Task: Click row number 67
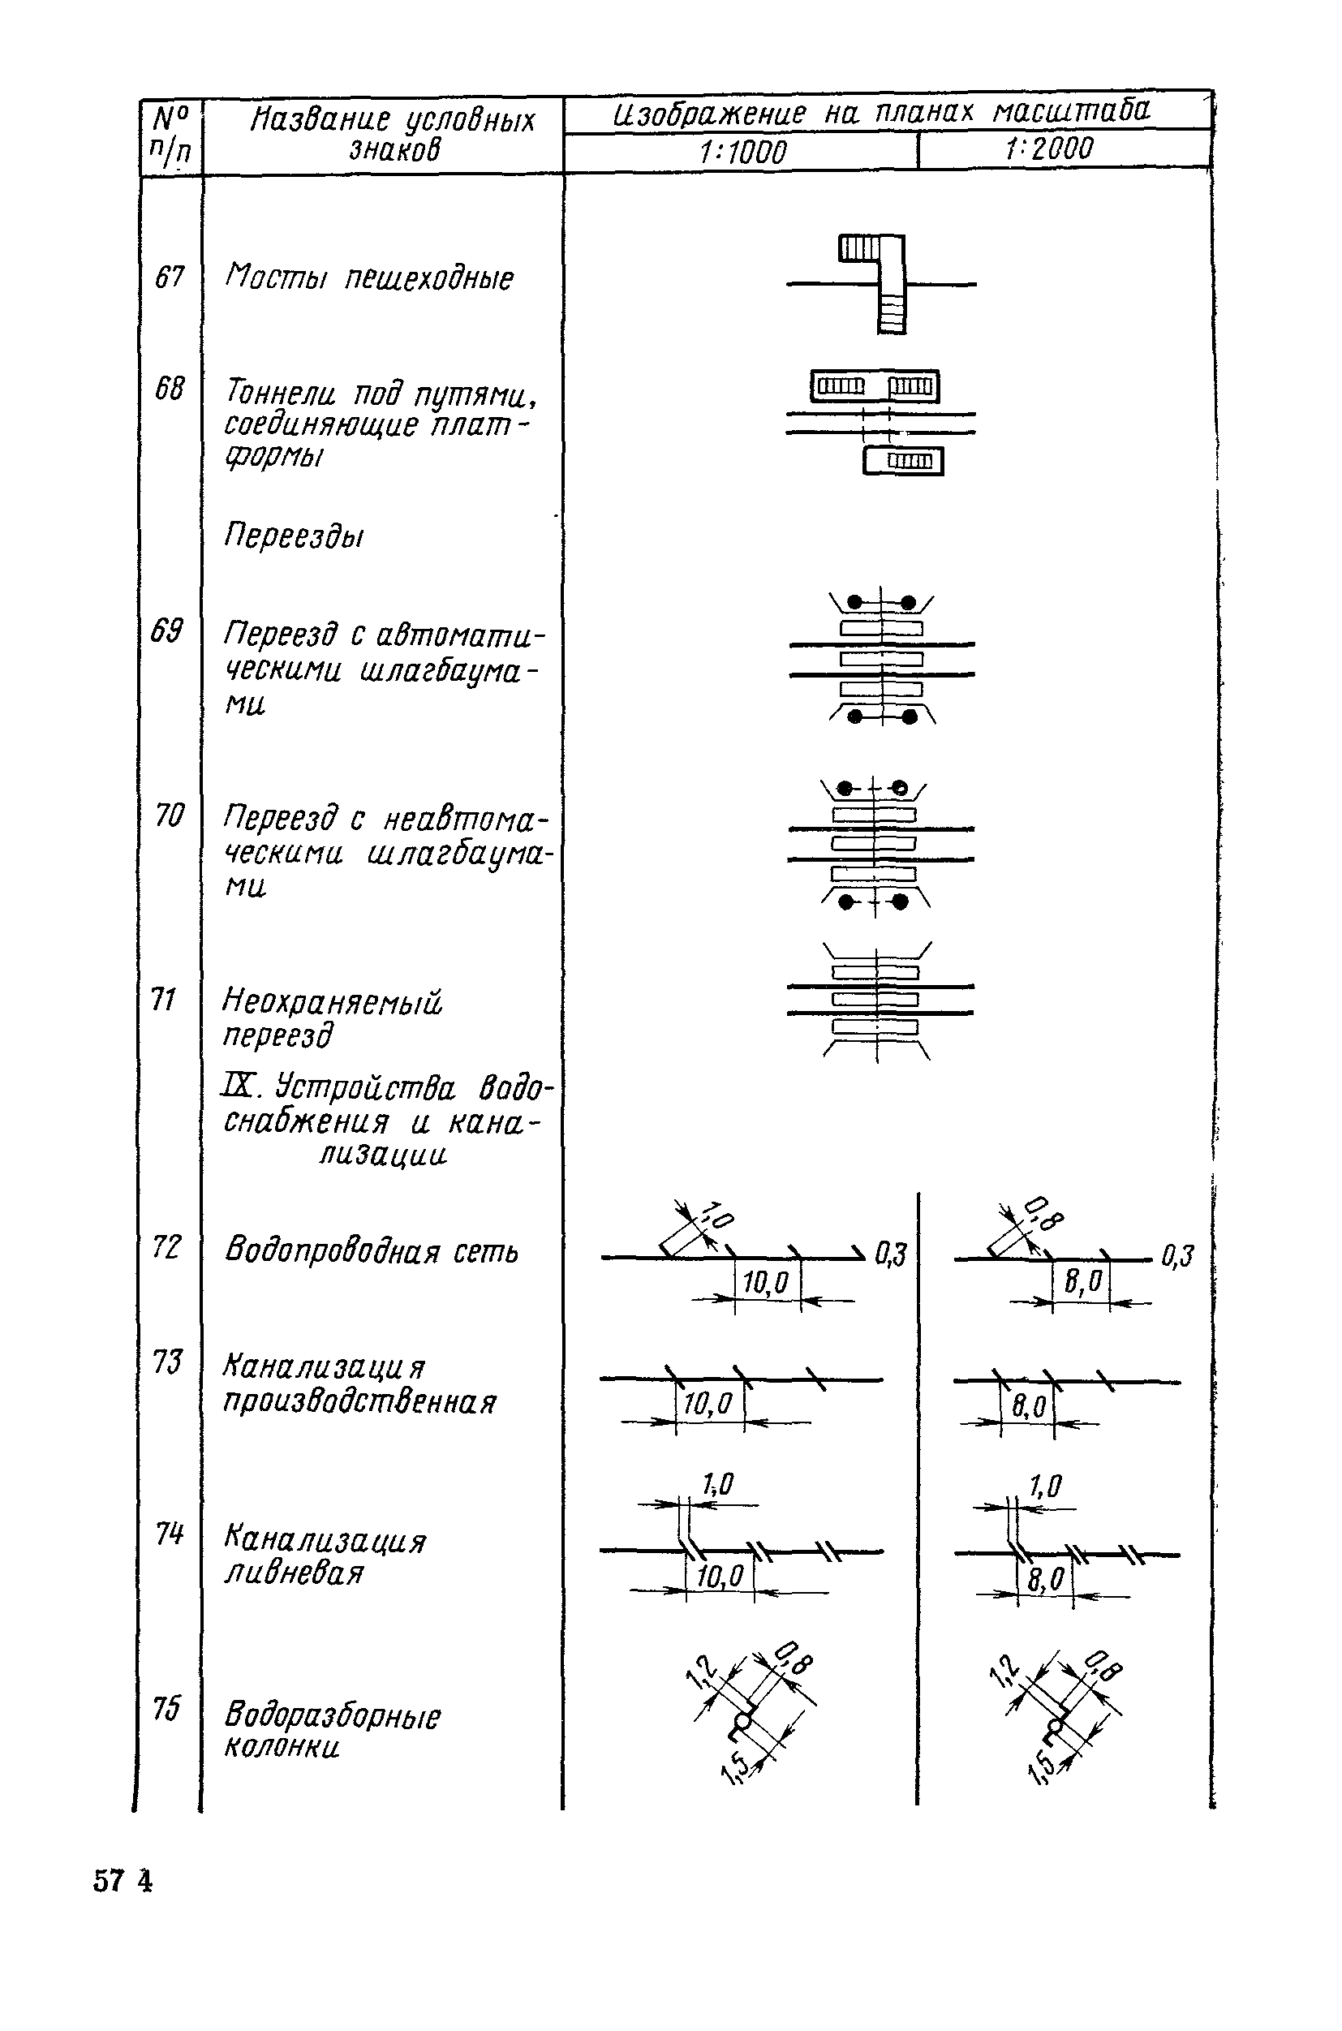[170, 278]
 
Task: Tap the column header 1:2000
[1049, 150]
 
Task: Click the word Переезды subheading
[294, 536]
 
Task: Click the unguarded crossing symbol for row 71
[878, 1000]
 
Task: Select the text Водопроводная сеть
[372, 1251]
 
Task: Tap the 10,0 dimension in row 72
[766, 1282]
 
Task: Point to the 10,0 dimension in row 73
[708, 1404]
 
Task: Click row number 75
[167, 1708]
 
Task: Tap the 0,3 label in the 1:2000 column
[1177, 1255]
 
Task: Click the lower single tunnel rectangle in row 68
[903, 462]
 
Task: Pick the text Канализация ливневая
[324, 1557]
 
